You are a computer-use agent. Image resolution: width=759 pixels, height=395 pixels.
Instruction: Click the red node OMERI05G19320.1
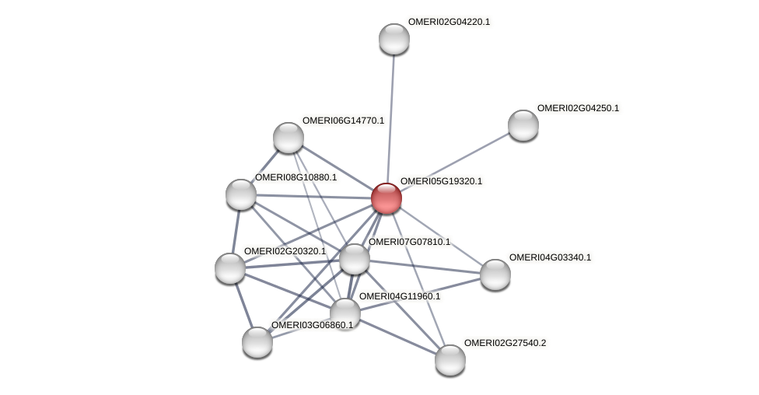[386, 198]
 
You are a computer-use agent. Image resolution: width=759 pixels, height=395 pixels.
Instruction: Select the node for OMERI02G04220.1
[394, 39]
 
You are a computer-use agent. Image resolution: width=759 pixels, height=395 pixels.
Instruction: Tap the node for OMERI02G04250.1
[523, 125]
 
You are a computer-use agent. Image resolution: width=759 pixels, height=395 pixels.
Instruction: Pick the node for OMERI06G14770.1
[289, 138]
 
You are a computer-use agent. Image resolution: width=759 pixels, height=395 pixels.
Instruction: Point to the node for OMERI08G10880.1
[241, 194]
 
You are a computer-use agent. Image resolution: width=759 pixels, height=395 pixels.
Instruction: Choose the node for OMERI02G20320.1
[230, 268]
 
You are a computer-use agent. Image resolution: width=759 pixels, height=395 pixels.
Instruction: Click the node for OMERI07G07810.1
[355, 259]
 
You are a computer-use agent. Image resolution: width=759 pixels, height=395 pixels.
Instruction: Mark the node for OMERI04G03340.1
[495, 274]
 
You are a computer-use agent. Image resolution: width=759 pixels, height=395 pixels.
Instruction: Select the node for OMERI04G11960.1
[345, 313]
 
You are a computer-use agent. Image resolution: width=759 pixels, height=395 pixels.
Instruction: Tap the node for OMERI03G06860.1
[257, 342]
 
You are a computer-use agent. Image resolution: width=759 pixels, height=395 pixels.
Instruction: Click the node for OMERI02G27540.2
[449, 360]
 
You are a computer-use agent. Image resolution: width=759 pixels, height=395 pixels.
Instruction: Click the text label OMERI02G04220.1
[449, 22]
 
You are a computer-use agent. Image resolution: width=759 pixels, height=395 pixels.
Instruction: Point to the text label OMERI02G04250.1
[578, 108]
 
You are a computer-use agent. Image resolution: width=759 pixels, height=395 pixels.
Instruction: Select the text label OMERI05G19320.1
[441, 181]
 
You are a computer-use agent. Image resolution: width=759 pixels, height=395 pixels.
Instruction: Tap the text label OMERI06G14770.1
[343, 121]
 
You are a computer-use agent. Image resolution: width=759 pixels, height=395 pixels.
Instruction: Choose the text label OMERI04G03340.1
[550, 257]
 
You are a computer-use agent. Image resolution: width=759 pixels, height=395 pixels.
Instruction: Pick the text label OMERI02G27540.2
[505, 343]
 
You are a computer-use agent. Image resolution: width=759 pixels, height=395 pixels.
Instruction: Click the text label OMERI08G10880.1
[296, 177]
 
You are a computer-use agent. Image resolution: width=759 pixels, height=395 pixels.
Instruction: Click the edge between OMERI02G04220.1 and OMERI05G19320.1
[390, 117]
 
